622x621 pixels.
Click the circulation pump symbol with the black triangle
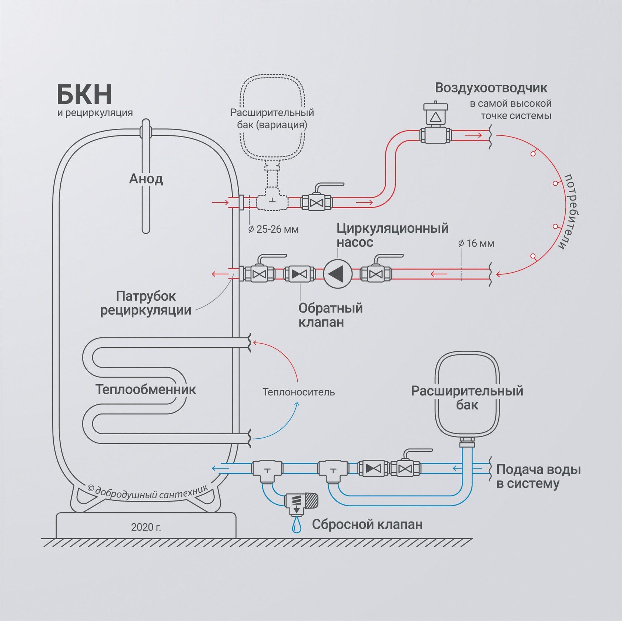pos(338,274)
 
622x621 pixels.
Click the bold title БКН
pos(84,94)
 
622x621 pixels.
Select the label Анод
pos(146,179)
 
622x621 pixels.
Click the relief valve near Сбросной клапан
pos(301,503)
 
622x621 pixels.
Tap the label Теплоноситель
pos(298,392)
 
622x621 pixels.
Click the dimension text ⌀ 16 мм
pos(476,243)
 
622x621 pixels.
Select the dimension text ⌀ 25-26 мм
pos(273,229)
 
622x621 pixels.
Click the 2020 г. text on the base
pos(146,527)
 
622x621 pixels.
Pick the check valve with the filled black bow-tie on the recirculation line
pos(300,274)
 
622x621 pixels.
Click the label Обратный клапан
pos(331,315)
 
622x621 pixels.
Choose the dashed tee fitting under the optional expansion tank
pos(272,198)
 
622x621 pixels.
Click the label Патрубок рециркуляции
pos(146,303)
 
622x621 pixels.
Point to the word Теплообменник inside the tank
pos(146,389)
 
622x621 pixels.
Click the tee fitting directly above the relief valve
pos(267,471)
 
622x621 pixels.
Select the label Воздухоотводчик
pos(491,88)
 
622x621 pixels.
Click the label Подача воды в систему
pos(538,476)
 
